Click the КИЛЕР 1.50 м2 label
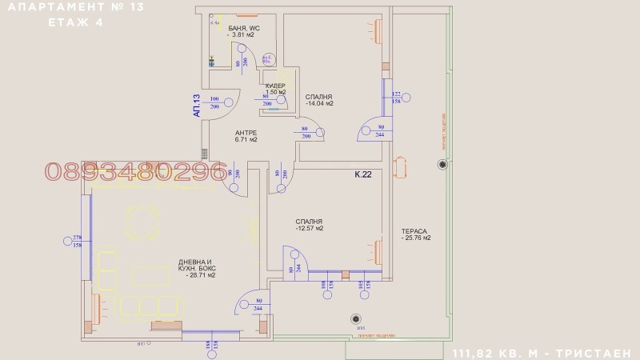tap(275, 88)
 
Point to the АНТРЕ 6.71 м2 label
tap(246, 136)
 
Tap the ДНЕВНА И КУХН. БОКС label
tap(196, 269)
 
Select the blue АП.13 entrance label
tap(196, 106)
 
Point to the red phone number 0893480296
tap(135, 171)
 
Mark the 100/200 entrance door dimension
tap(214, 102)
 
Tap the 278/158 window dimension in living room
tap(78, 241)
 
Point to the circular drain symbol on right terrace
tap(441, 165)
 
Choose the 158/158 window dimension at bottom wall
tap(211, 346)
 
